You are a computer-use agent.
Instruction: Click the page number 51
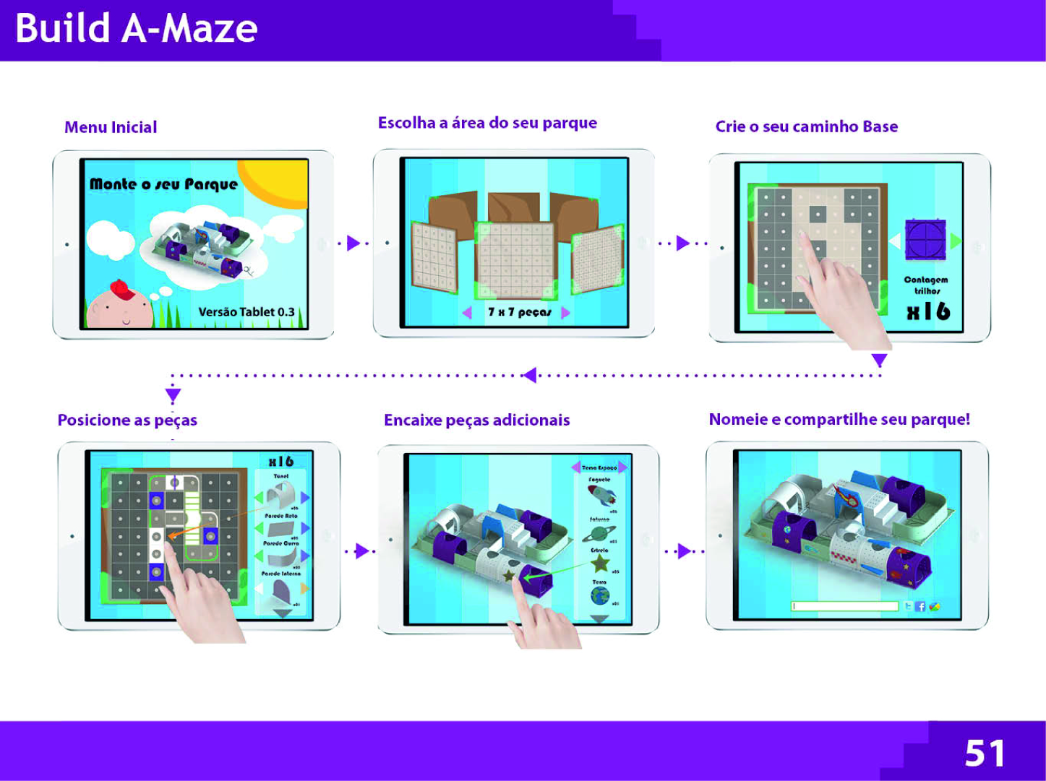(984, 754)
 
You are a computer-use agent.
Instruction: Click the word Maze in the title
(209, 29)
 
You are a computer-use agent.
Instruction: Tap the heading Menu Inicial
(111, 128)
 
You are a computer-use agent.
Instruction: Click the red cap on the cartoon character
(122, 289)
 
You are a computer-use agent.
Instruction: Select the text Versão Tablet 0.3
(247, 312)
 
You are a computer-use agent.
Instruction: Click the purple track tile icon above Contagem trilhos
(925, 240)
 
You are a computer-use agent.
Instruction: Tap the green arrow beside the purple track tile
(956, 241)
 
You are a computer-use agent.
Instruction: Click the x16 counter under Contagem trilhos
(928, 311)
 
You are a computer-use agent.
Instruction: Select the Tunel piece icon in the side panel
(281, 496)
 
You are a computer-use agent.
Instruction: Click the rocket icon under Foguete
(601, 496)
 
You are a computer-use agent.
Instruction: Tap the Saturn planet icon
(599, 534)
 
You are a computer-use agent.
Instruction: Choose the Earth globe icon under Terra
(599, 596)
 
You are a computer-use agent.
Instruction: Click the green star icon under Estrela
(600, 564)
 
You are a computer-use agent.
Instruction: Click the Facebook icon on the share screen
(920, 607)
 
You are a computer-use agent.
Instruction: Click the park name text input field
(844, 607)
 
